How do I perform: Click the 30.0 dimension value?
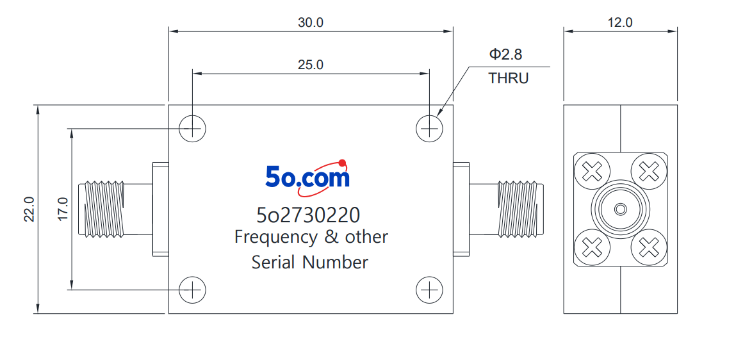pyautogui.click(x=310, y=22)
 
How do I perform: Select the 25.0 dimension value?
pyautogui.click(x=310, y=65)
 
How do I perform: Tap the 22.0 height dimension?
pyautogui.click(x=29, y=209)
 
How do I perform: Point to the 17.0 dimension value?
pyautogui.click(x=63, y=209)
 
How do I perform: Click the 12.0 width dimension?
pyautogui.click(x=620, y=22)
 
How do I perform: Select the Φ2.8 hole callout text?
pyautogui.click(x=505, y=54)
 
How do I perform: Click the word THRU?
pyautogui.click(x=509, y=78)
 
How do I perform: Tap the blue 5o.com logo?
pyautogui.click(x=307, y=177)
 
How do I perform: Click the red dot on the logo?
pyautogui.click(x=342, y=163)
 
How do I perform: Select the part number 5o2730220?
pyautogui.click(x=308, y=215)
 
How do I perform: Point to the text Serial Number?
pyautogui.click(x=310, y=262)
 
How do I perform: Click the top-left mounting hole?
pyautogui.click(x=192, y=128)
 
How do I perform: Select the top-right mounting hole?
pyautogui.click(x=429, y=128)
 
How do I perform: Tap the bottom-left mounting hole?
pyautogui.click(x=192, y=290)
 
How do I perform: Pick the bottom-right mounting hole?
pyautogui.click(x=429, y=290)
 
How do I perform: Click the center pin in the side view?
pyautogui.click(x=620, y=209)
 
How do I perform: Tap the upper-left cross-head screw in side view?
pyautogui.click(x=592, y=172)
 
